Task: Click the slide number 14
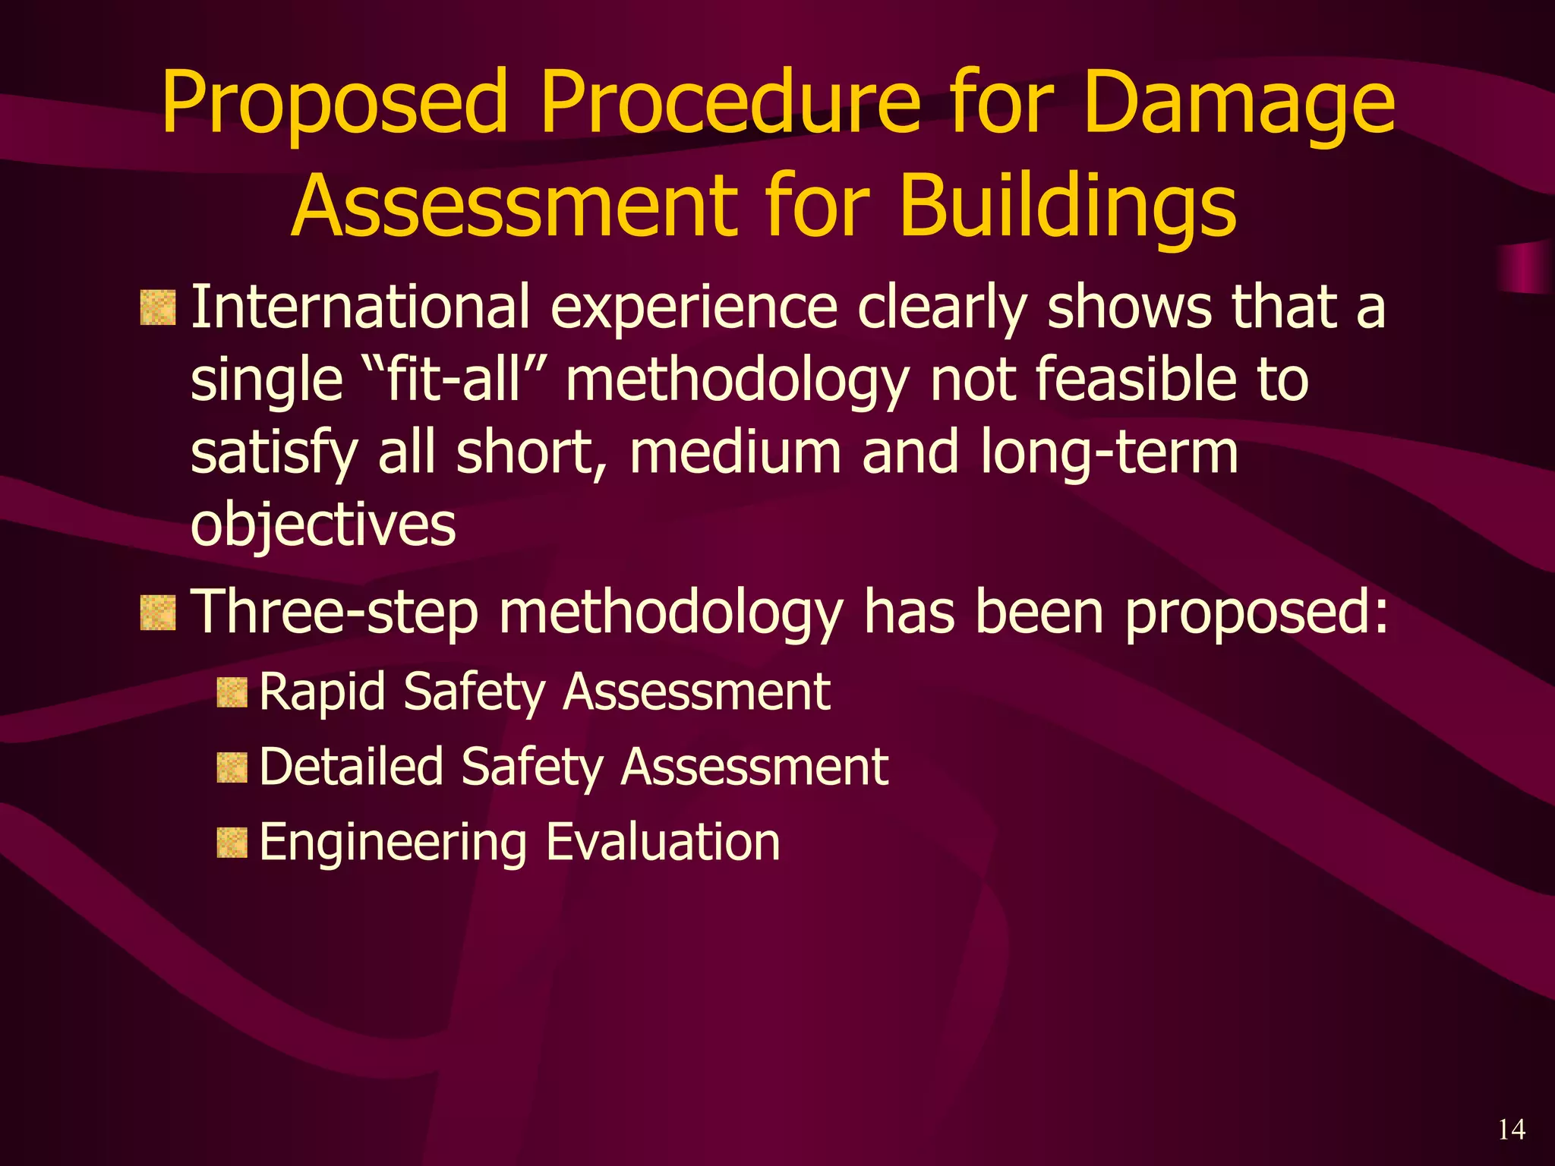[1511, 1130]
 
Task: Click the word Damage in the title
[1239, 105]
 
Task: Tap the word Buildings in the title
[1068, 206]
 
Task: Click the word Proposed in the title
[334, 105]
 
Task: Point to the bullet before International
[158, 307]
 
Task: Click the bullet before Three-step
[158, 613]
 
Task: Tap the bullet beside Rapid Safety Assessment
[232, 693]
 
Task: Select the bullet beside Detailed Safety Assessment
[232, 768]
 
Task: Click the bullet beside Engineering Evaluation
[232, 843]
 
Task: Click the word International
[360, 307]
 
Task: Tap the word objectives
[323, 526]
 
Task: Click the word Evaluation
[663, 843]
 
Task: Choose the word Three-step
[334, 613]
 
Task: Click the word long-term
[1109, 453]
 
